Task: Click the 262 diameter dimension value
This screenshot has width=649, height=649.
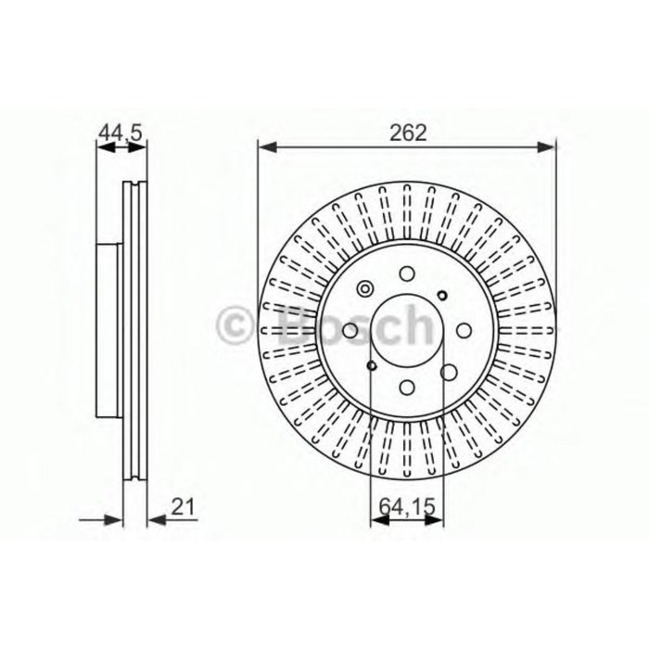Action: (407, 133)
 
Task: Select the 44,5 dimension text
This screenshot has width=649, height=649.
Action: (121, 134)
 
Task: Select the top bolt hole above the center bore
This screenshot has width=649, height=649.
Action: (406, 274)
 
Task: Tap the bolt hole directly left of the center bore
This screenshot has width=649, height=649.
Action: (350, 330)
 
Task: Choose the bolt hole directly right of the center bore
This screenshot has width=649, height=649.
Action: (463, 330)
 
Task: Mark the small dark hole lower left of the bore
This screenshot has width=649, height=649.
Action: (371, 366)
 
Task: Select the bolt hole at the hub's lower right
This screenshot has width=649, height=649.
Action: (448, 372)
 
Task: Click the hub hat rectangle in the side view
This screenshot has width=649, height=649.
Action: (108, 330)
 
